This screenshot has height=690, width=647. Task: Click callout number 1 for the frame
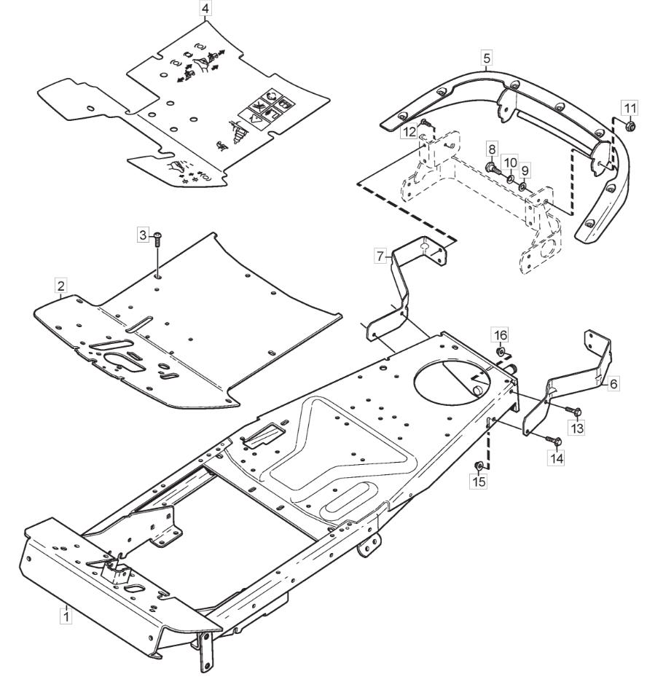66,615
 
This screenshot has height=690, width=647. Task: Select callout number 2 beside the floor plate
60,286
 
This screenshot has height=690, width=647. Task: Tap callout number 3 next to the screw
143,235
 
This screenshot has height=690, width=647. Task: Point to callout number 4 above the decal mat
205,8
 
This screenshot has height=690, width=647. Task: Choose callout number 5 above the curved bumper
487,58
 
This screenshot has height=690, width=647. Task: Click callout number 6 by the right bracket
613,384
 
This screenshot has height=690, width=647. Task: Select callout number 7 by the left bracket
380,255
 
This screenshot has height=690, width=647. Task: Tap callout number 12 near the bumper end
409,131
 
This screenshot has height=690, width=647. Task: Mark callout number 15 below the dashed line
479,482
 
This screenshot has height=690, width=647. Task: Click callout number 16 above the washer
500,335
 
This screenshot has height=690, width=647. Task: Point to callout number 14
557,458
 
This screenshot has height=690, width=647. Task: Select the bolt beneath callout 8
492,168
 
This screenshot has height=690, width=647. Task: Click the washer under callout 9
523,186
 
